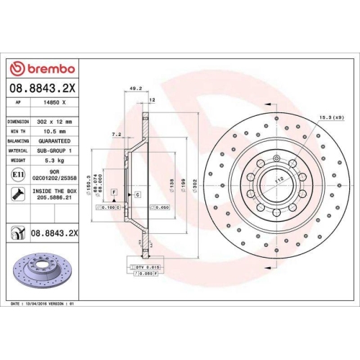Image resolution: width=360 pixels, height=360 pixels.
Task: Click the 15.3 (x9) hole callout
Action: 330,117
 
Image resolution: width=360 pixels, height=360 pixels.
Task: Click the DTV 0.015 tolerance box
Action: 149,267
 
